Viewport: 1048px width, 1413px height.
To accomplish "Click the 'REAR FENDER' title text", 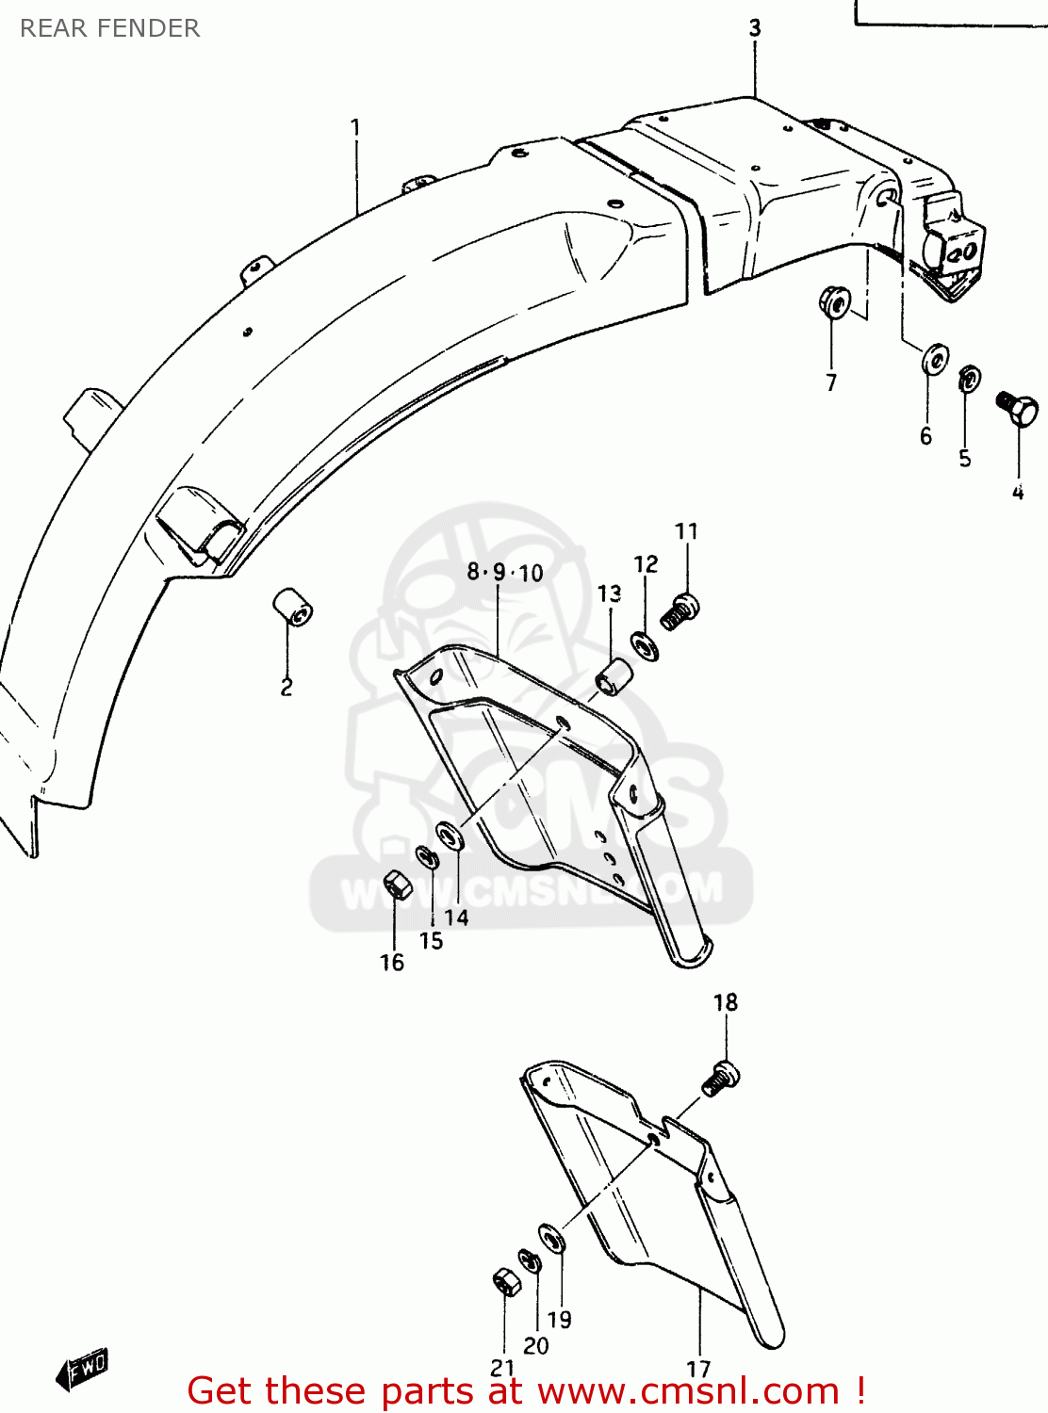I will coord(109,28).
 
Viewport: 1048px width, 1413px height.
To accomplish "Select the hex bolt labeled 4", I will coord(1017,408).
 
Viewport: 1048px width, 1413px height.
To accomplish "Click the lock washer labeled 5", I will coord(968,380).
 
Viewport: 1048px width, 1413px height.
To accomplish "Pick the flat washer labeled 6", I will coord(935,359).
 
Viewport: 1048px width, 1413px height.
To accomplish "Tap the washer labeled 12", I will coord(646,646).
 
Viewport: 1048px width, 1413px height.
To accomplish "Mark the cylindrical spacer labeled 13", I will coord(614,676).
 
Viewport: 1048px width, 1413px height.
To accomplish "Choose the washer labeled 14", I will coord(450,835).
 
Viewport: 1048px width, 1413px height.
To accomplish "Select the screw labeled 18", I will coord(721,1078).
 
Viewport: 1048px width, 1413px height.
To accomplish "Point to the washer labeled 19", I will coord(552,1238).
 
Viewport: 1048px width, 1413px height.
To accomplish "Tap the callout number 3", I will coord(755,28).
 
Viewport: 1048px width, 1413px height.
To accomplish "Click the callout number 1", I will coord(355,126).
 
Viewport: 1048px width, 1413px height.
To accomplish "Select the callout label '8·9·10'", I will coord(505,572).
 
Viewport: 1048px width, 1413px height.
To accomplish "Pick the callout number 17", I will coord(698,1369).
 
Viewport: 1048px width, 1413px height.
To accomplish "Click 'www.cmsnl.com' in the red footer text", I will coord(687,1390).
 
